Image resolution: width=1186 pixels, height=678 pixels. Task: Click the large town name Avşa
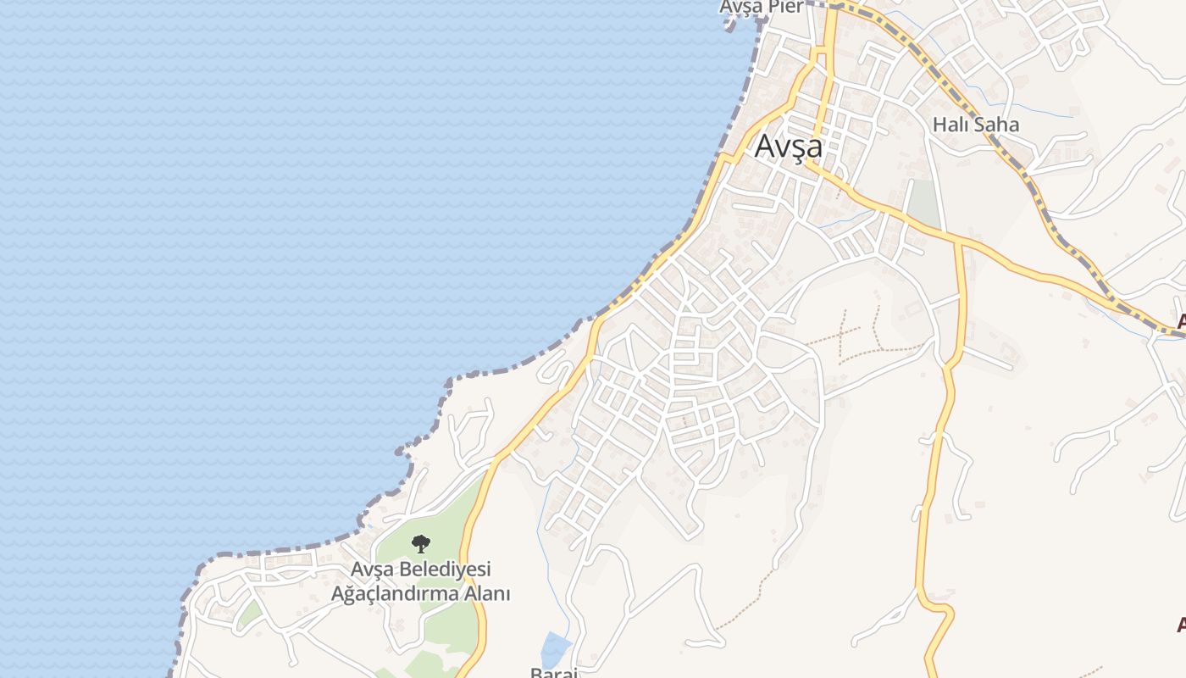tap(788, 147)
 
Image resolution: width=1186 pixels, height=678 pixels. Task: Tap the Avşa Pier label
tap(761, 7)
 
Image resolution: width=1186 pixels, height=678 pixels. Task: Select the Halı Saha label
tap(975, 125)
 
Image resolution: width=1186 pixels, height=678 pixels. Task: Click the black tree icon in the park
tap(420, 544)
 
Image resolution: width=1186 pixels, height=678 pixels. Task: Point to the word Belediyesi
tap(446, 569)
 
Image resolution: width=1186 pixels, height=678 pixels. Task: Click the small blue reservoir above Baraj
tap(556, 649)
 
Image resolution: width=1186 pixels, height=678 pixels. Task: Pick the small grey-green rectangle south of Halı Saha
tap(924, 204)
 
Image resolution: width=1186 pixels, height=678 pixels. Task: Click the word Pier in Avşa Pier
tap(786, 7)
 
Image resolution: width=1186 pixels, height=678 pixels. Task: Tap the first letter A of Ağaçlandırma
tap(336, 593)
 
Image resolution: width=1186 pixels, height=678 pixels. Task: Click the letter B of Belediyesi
tap(409, 569)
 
